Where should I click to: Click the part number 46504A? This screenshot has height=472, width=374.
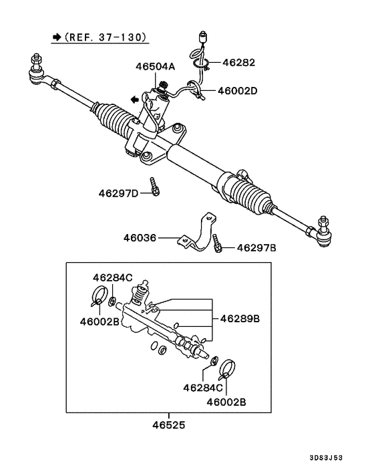(156, 67)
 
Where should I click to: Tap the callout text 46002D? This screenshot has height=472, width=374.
(237, 90)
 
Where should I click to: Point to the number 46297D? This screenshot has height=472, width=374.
(118, 194)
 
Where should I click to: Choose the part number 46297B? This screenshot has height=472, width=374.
(256, 248)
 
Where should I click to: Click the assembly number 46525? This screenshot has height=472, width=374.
(168, 424)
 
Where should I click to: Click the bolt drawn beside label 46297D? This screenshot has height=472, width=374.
(154, 188)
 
